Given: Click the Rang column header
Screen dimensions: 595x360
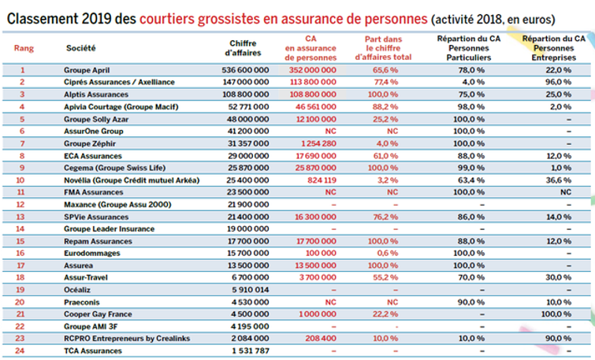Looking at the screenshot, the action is [24, 48].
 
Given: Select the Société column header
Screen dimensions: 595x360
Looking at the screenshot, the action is [81, 48].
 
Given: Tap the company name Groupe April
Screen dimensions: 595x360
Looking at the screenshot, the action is [87, 70].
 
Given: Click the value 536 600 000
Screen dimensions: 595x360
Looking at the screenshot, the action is [245, 70].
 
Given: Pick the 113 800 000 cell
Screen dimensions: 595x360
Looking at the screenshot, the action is [313, 82].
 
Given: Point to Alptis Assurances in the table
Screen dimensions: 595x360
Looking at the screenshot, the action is [96, 95].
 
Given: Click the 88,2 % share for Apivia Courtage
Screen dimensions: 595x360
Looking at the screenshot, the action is [385, 106].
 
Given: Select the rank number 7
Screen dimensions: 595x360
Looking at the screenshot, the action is [22, 143].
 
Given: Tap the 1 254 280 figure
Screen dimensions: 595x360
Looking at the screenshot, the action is [318, 143].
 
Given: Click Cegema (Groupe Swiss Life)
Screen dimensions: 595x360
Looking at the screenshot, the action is [114, 168].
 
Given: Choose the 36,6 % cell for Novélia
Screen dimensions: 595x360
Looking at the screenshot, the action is [559, 180].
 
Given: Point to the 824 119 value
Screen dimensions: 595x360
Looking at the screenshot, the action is [322, 180].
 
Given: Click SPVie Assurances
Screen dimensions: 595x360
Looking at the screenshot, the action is [96, 217].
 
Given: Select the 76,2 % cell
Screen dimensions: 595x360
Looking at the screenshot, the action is [385, 217].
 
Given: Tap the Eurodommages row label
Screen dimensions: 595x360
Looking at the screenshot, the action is [92, 253].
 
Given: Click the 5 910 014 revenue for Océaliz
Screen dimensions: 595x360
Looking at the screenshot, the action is [251, 290].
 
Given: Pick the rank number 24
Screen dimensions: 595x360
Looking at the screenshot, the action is [20, 351].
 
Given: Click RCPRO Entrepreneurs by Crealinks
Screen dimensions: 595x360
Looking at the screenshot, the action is [127, 339].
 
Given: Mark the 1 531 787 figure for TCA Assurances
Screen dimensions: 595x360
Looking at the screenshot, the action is [251, 351].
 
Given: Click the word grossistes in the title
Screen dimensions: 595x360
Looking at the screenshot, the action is [229, 19].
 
